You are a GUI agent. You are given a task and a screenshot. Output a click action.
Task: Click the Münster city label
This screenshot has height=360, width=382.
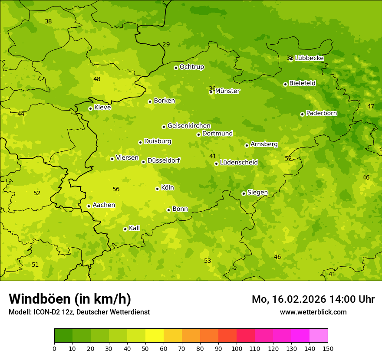tap(227, 91)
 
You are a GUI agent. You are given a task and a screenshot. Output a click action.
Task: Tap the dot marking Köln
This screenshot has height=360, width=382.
tap(157, 189)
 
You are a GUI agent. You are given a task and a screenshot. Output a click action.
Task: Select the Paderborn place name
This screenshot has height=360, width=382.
tap(321, 113)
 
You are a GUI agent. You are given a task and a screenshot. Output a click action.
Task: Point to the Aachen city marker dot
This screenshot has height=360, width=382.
tap(89, 206)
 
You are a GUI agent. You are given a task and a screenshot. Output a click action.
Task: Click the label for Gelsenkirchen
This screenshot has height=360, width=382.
tap(189, 126)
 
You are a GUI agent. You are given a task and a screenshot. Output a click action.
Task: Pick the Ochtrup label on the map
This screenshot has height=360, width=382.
tap(191, 67)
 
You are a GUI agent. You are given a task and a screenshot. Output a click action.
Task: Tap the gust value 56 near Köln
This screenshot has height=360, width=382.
tap(116, 189)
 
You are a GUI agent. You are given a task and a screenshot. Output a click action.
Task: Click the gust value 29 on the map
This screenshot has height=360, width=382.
tap(166, 44)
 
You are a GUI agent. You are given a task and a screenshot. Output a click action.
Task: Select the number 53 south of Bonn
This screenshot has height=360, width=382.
tap(207, 261)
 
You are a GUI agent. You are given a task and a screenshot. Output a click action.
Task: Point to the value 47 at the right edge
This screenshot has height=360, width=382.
tap(370, 106)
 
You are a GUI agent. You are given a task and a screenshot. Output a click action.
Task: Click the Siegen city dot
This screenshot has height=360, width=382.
tap(244, 193)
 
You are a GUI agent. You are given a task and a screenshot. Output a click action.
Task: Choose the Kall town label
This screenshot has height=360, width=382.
tap(134, 228)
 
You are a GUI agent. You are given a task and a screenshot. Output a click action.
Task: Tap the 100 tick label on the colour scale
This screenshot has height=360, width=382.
tap(237, 348)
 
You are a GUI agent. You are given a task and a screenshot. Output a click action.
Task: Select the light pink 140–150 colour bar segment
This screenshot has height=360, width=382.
tap(319, 336)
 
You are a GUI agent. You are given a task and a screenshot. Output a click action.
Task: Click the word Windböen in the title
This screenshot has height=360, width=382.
tap(40, 299)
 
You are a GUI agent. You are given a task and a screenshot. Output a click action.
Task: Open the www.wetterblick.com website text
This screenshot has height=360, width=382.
tap(313, 312)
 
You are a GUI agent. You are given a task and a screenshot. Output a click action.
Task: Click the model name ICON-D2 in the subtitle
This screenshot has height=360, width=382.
tap(46, 312)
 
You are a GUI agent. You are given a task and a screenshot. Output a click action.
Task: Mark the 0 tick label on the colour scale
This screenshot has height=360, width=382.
tap(54, 348)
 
